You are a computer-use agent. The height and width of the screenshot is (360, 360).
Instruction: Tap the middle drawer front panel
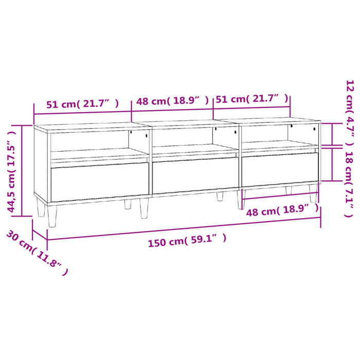coord(195,176)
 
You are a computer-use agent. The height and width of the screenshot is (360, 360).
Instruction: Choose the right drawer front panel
coord(280,168)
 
